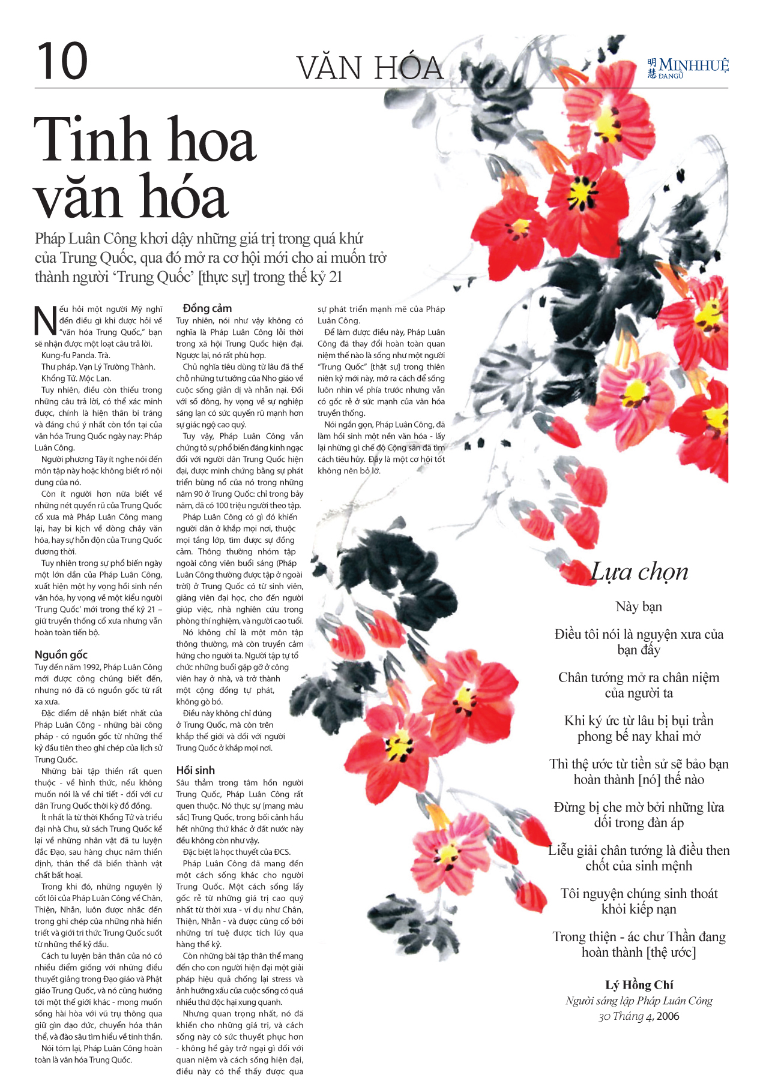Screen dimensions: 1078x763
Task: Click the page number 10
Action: coord(62,61)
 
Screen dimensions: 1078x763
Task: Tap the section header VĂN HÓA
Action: coord(370,68)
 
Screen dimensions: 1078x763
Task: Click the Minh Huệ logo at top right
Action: coord(688,68)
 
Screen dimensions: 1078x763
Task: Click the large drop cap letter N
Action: coord(45,320)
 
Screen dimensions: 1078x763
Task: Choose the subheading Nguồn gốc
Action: coord(61,654)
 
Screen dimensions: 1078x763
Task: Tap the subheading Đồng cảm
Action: coord(207,308)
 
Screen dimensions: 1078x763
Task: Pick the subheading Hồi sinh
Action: coord(195,770)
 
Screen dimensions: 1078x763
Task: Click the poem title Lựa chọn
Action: coord(639,572)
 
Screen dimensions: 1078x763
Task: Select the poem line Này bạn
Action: coord(639,606)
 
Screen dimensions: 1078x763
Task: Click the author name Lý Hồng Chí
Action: coord(639,985)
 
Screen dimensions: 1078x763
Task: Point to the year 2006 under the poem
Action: coord(668,1016)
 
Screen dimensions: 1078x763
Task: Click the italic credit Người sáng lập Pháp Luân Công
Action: coord(639,1001)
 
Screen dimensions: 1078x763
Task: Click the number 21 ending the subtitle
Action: coord(335,277)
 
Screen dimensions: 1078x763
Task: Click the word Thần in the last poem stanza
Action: coord(680,937)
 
